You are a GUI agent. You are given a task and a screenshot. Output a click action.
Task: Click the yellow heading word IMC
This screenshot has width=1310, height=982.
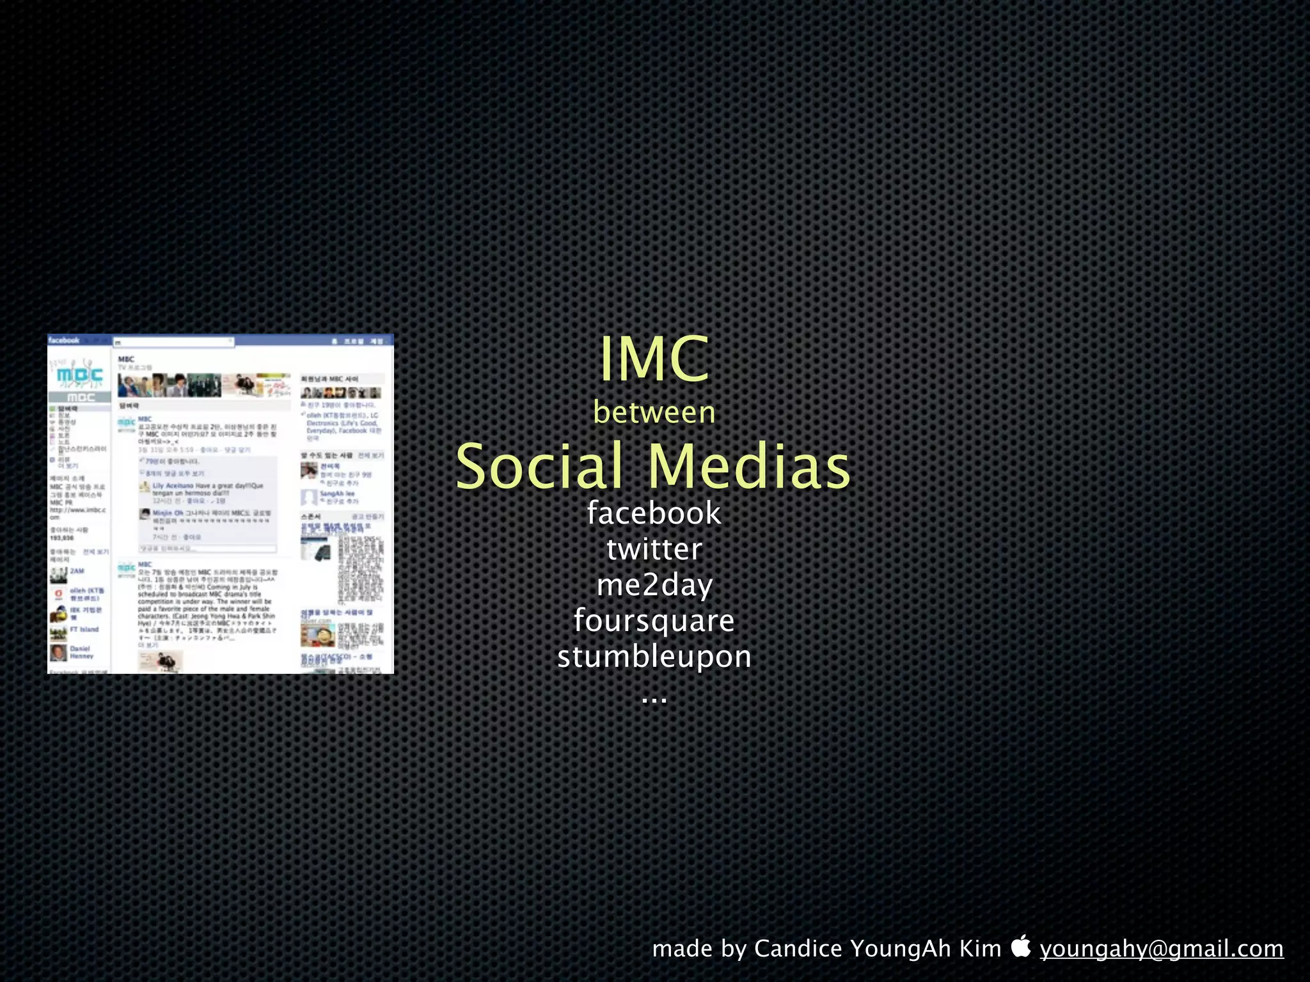[654, 359]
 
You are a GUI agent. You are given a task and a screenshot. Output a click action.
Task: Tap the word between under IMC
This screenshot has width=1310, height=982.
[654, 412]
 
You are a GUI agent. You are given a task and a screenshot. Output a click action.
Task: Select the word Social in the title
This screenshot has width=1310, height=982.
[539, 466]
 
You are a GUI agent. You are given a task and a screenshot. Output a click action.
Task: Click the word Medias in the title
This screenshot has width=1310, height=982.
[750, 466]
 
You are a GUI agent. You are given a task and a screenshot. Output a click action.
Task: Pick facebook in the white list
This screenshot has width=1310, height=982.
[654, 513]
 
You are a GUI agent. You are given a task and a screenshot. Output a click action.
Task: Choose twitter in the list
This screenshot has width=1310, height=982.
[654, 549]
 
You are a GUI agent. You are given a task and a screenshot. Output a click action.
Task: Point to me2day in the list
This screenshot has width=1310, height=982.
[654, 585]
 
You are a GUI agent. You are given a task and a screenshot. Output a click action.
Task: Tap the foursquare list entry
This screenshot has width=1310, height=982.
[654, 621]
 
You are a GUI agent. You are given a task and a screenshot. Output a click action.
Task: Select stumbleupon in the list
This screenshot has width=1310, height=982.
[654, 657]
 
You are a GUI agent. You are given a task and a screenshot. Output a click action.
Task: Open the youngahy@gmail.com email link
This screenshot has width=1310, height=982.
[1162, 949]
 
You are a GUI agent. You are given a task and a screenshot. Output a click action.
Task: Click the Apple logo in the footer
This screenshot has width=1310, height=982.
[1022, 946]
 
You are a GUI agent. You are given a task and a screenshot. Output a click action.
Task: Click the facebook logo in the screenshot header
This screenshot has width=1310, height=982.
[64, 340]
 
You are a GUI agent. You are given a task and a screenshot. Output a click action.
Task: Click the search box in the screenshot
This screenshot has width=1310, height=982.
[173, 342]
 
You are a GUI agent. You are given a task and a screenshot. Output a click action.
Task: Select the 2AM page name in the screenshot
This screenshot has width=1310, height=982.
[77, 571]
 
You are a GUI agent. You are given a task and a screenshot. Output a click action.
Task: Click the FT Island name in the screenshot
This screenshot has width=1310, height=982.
[84, 630]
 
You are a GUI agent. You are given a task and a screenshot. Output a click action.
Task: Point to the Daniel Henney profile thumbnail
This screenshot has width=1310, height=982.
[58, 653]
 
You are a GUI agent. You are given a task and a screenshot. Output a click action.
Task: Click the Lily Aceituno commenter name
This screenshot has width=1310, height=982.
[168, 486]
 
